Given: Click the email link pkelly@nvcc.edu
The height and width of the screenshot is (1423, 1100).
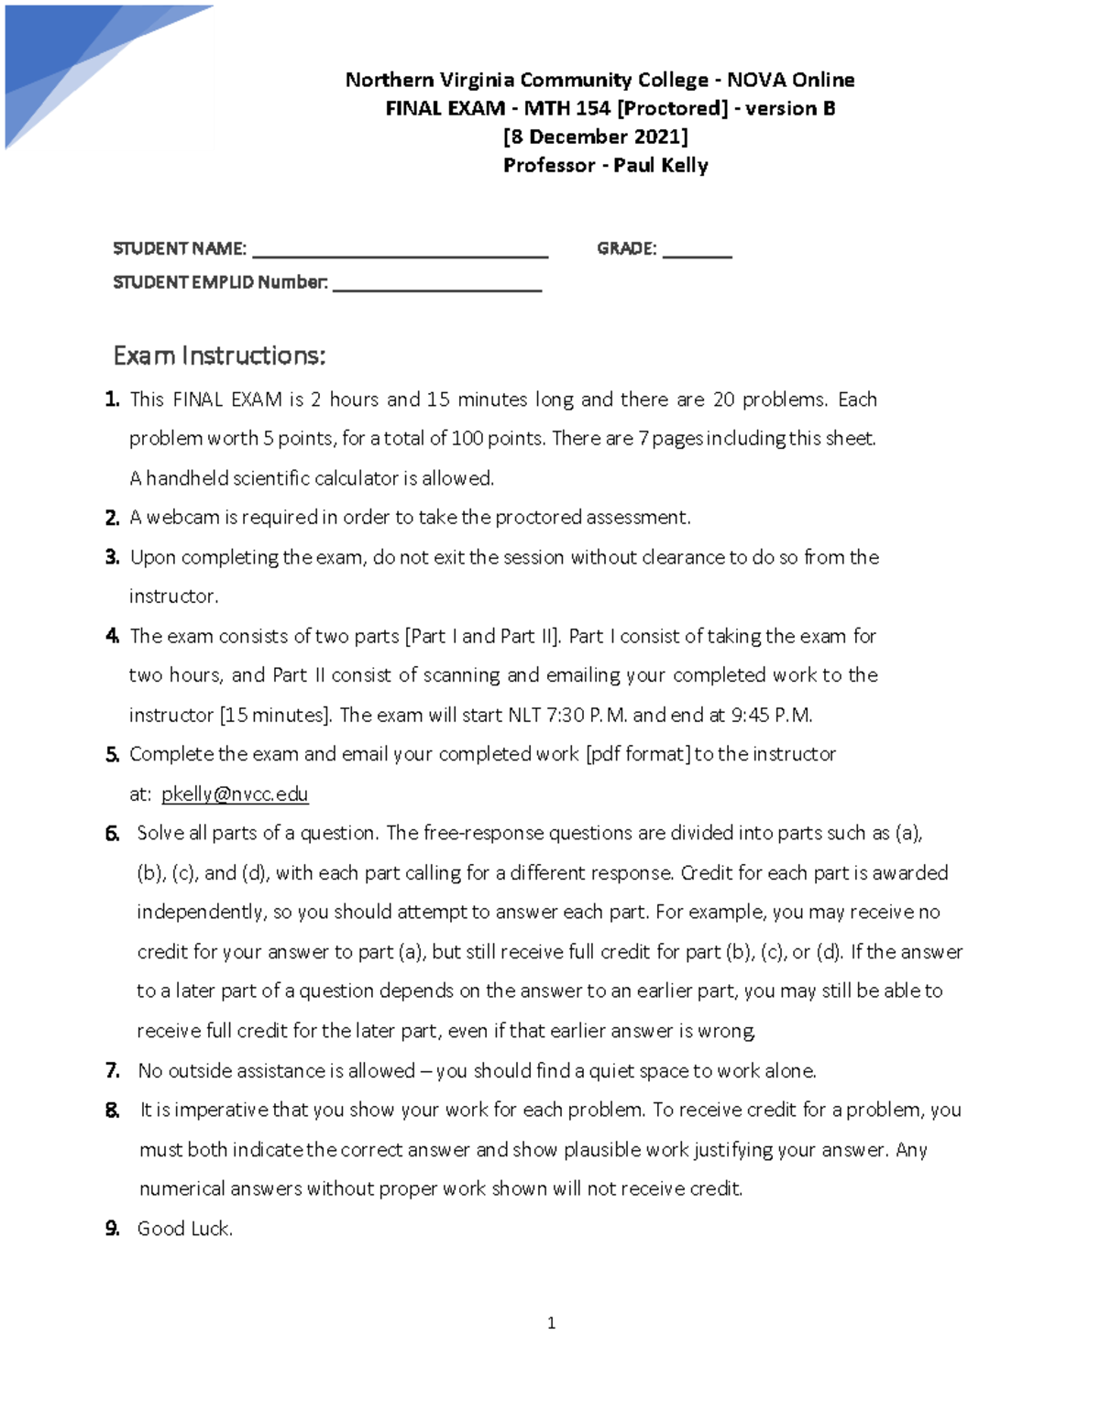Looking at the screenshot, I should click(x=235, y=794).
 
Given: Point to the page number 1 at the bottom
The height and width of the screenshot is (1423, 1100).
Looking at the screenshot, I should click(x=551, y=1322).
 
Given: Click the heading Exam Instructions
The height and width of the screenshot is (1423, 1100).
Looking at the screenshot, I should click(x=219, y=356).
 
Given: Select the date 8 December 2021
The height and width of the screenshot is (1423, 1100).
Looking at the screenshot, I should click(x=596, y=137).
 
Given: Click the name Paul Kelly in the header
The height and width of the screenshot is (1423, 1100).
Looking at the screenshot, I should click(x=660, y=165).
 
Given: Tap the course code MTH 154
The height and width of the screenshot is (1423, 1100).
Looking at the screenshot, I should click(x=566, y=108).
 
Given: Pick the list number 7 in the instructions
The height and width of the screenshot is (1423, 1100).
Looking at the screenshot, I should click(x=112, y=1070).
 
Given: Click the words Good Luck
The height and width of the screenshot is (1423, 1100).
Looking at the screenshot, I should click(x=184, y=1229).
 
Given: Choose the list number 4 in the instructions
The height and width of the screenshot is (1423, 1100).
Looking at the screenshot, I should click(x=112, y=636).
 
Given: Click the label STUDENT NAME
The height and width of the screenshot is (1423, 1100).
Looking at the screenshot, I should click(x=179, y=248).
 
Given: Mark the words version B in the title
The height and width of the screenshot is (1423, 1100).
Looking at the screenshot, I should click(x=789, y=108).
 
